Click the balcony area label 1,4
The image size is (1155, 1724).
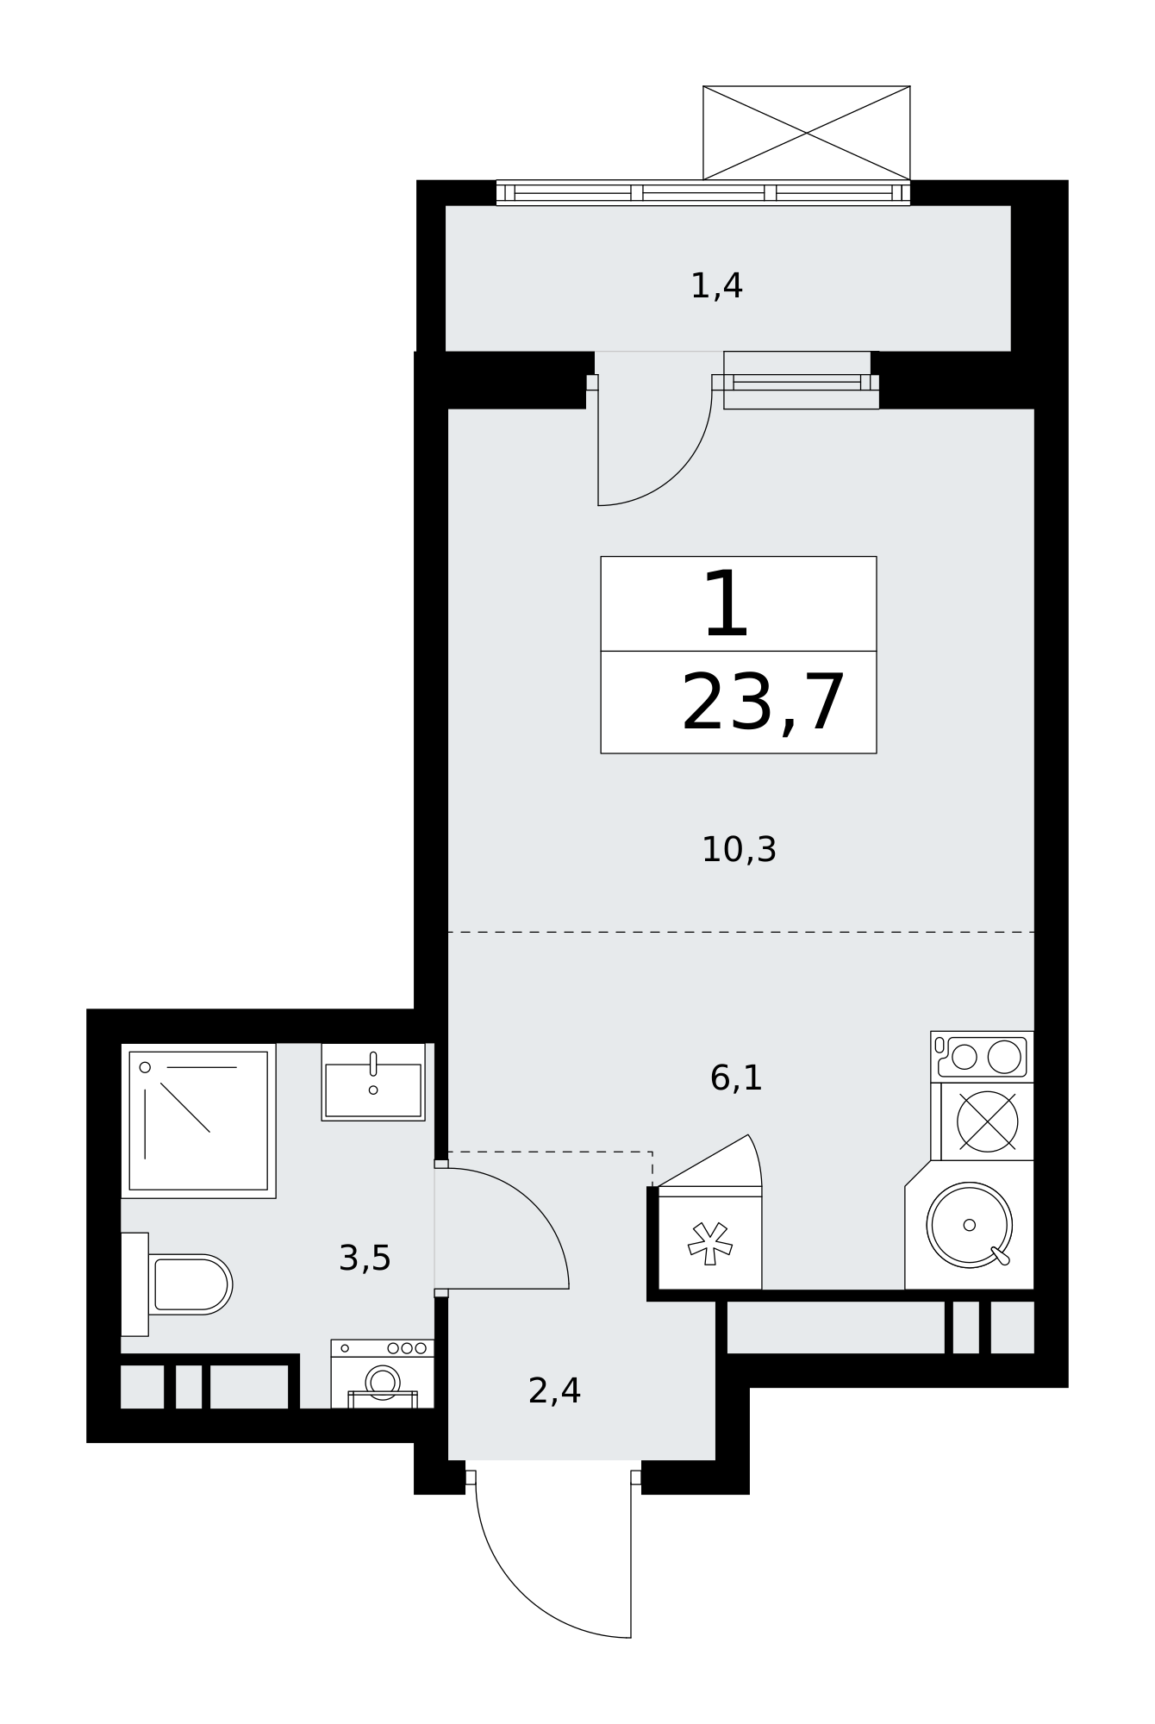click(716, 286)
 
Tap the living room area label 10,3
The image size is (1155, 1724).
click(739, 850)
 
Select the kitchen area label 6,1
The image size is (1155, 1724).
click(736, 1077)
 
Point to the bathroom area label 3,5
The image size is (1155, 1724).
click(365, 1259)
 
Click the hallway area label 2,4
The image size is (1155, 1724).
click(554, 1391)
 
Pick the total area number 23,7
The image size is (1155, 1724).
click(763, 703)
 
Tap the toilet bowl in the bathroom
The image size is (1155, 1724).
click(190, 1284)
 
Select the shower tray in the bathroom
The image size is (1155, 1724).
click(198, 1121)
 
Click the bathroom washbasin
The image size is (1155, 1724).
click(373, 1083)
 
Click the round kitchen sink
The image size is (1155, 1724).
click(969, 1225)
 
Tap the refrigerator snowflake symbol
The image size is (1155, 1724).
click(710, 1243)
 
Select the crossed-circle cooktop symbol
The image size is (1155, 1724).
click(988, 1121)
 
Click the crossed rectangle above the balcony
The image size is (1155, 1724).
click(807, 133)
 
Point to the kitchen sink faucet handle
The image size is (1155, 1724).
click(1000, 1256)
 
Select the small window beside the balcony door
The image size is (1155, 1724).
click(796, 382)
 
